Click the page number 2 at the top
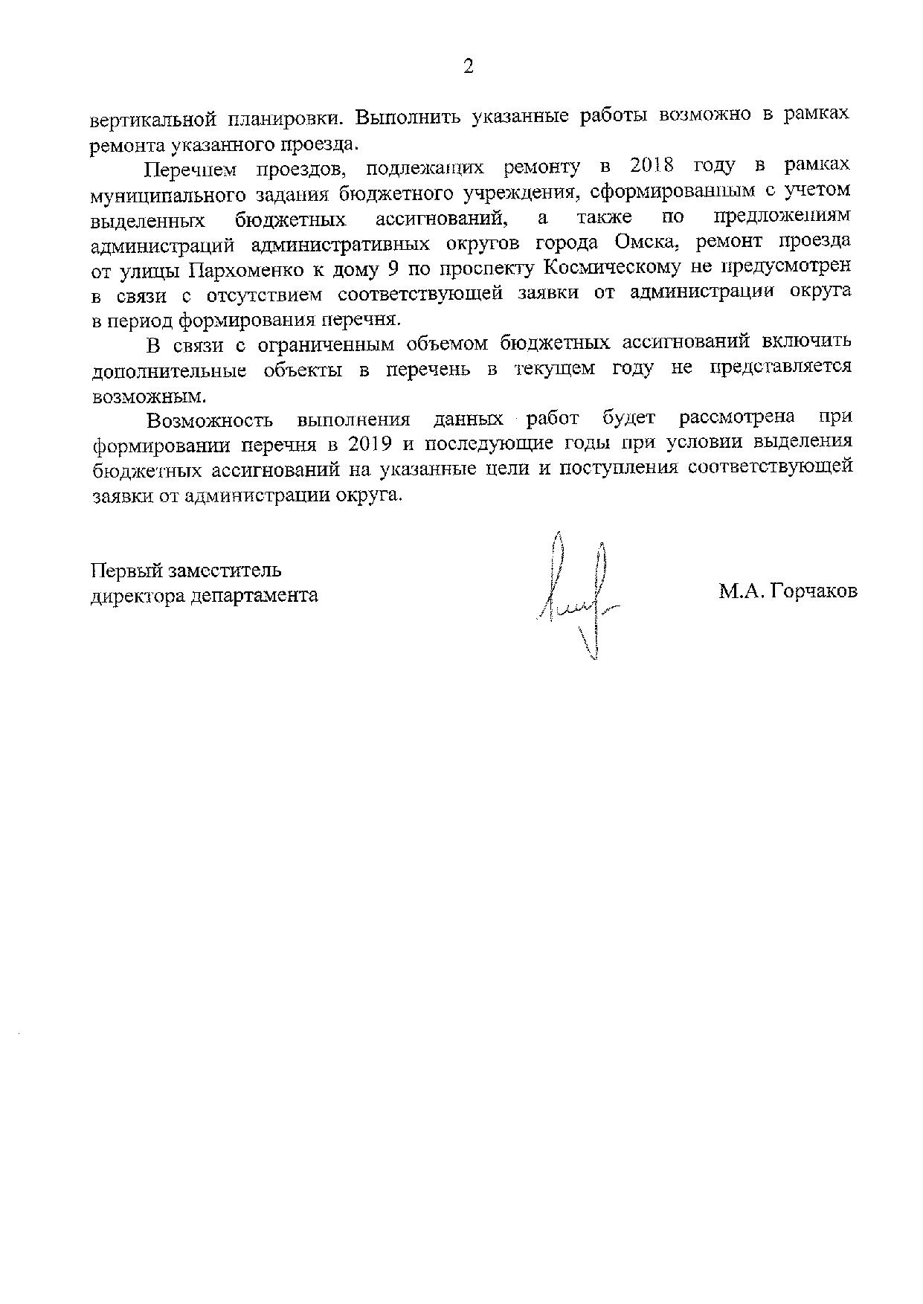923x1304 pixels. click(x=468, y=67)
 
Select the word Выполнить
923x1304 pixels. click(x=406, y=118)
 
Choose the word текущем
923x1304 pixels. click(x=553, y=369)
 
